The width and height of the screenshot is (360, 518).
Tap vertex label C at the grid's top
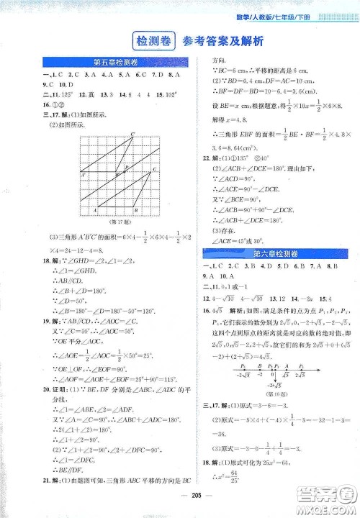pos(132,134)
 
